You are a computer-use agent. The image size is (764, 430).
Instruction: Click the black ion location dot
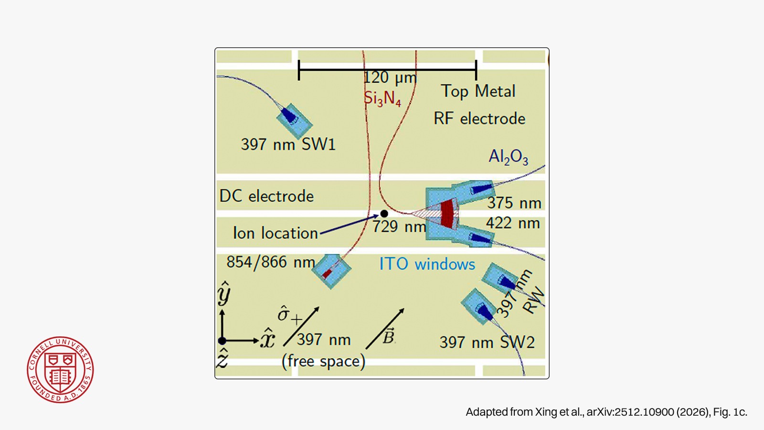pyautogui.click(x=384, y=214)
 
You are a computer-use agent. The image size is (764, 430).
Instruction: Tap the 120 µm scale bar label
pyautogui.click(x=390, y=78)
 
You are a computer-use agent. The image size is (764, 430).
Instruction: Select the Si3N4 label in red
pyautogui.click(x=382, y=98)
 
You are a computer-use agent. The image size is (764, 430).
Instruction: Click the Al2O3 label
pyautogui.click(x=508, y=157)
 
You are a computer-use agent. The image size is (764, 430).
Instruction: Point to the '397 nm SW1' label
pyautogui.click(x=288, y=144)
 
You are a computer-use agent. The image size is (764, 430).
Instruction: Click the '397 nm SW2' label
pyautogui.click(x=487, y=342)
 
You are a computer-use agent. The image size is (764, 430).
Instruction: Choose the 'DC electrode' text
pyautogui.click(x=266, y=196)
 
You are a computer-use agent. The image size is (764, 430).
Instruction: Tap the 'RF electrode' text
pyautogui.click(x=479, y=119)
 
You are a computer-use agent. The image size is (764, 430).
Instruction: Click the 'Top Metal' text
pyautogui.click(x=478, y=91)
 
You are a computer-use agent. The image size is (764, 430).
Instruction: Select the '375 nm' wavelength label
pyautogui.click(x=514, y=203)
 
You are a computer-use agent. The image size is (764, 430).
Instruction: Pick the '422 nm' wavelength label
pyautogui.click(x=513, y=223)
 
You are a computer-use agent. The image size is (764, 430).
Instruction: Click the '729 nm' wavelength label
pyautogui.click(x=399, y=226)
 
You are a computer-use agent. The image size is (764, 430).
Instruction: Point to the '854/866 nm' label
pyautogui.click(x=271, y=262)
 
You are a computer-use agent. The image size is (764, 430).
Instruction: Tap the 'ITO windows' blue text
pyautogui.click(x=427, y=264)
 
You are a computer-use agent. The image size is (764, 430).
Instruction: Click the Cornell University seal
pyautogui.click(x=60, y=370)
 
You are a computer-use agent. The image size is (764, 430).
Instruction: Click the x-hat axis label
pyautogui.click(x=267, y=339)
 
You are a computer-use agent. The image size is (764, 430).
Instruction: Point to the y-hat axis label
pyautogui.click(x=224, y=293)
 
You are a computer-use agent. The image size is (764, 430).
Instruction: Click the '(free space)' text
pyautogui.click(x=323, y=361)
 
